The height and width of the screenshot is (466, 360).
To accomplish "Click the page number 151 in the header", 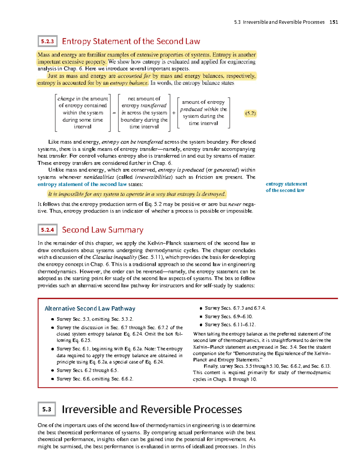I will point(334,22).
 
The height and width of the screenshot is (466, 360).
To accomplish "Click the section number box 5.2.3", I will point(47,41).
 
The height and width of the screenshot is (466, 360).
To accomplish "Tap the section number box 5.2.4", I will point(47,230).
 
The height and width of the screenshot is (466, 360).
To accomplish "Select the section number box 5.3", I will point(46,409).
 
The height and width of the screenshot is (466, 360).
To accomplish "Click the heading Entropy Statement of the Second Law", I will point(131,41).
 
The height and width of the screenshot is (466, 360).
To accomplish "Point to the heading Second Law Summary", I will point(102,230).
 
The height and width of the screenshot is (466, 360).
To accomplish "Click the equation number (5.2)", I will point(250,113).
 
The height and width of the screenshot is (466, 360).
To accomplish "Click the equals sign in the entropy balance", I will point(114,113).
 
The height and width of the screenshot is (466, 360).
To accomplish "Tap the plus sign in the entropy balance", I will point(174,113).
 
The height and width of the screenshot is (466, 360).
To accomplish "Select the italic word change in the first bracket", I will point(66,99).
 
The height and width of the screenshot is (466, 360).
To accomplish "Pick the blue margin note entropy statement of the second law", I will point(286,187).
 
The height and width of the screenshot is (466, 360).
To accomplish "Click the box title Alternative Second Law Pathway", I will point(90,308).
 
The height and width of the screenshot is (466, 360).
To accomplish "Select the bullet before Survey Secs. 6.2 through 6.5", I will point(52,371).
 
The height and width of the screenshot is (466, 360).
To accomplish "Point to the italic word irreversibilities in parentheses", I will point(154,177).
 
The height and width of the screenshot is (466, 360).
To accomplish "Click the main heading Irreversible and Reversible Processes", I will point(151,409).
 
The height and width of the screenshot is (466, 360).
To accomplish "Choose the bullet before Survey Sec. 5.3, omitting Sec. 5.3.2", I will point(52,319).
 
